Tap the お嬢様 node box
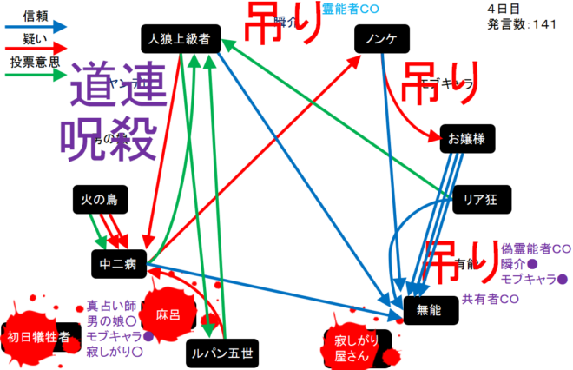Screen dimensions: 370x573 pos(467,137)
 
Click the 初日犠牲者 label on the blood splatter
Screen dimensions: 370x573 pos(38,338)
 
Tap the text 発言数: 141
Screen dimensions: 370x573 pos(524,24)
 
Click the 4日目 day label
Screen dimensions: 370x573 pos(504,8)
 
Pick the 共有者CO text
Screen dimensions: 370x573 pos(491,299)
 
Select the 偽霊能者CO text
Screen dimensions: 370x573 pos(535,248)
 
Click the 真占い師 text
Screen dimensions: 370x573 pos(112,306)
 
